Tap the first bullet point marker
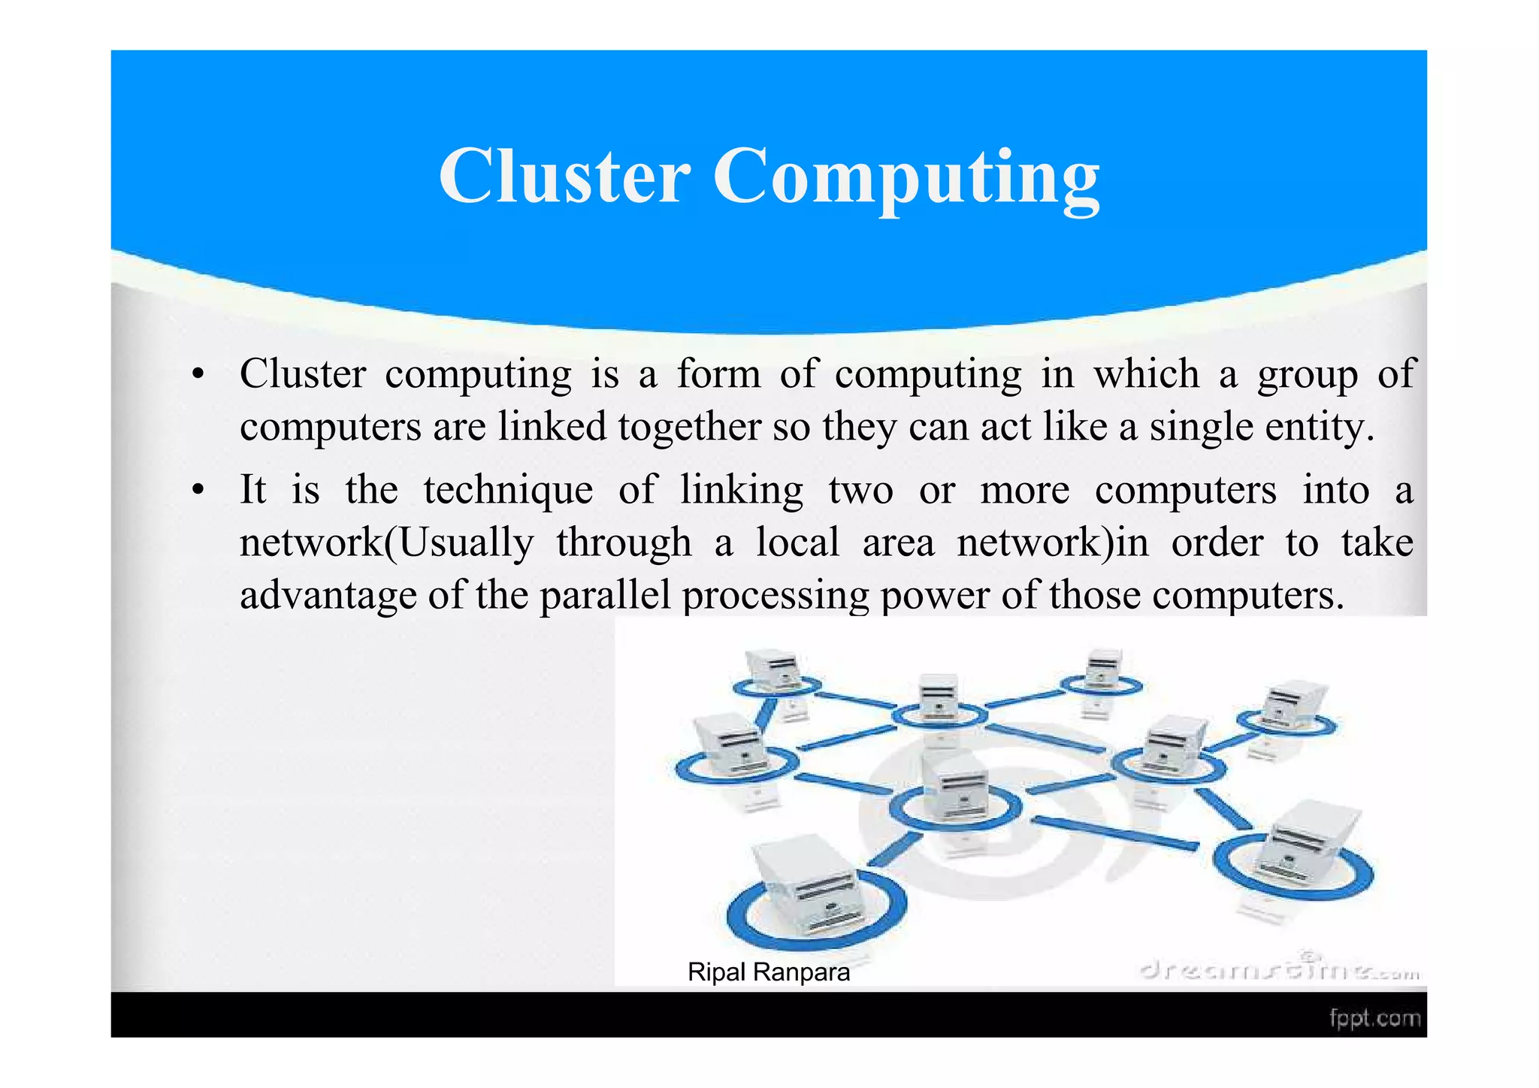(x=198, y=375)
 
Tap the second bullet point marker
(x=198, y=491)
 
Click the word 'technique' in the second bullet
(x=508, y=491)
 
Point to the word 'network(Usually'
(x=386, y=542)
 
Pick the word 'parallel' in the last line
(x=604, y=595)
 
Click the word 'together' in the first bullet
(x=691, y=428)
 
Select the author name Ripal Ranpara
(x=768, y=972)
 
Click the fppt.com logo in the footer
(x=1374, y=1018)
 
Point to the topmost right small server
(x=1102, y=669)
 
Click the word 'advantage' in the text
(x=328, y=595)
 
